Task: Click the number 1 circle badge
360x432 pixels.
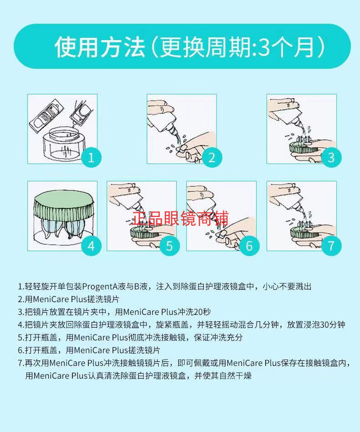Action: (91, 158)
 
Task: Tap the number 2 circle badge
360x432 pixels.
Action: (211, 158)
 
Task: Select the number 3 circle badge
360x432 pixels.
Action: (331, 158)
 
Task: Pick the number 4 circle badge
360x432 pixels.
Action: (91, 246)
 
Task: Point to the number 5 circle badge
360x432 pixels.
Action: (170, 246)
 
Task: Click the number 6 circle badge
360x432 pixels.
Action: (249, 246)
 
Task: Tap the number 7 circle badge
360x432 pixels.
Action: (331, 246)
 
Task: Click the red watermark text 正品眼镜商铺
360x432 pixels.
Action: (180, 218)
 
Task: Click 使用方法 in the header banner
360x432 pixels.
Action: (100, 47)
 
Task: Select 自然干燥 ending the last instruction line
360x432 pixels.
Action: (235, 375)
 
